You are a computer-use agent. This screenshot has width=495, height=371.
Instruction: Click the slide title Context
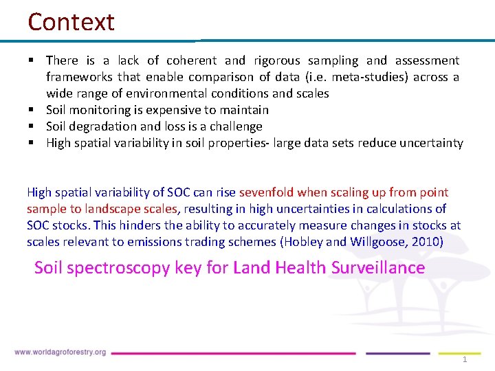(x=71, y=22)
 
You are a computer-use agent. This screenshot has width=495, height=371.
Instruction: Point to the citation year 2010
(x=426, y=242)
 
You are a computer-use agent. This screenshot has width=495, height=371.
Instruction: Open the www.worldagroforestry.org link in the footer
(x=60, y=352)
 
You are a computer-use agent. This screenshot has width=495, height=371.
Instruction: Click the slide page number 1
(x=465, y=360)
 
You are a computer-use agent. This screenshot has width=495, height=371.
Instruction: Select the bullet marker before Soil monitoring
(x=32, y=110)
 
